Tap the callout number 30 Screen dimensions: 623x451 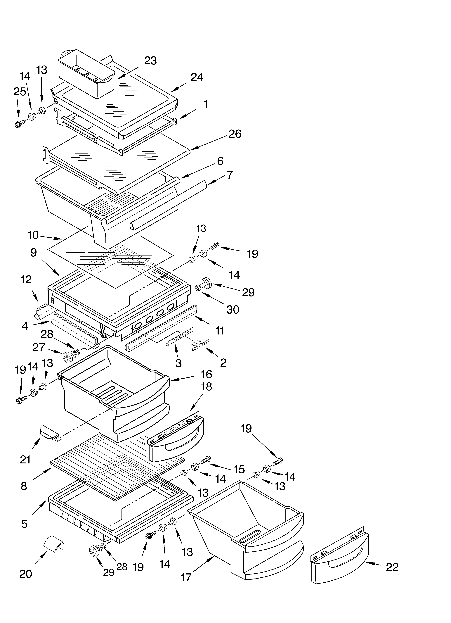click(x=233, y=310)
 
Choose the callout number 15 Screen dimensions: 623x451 click(x=239, y=470)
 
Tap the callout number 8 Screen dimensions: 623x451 click(x=24, y=486)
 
